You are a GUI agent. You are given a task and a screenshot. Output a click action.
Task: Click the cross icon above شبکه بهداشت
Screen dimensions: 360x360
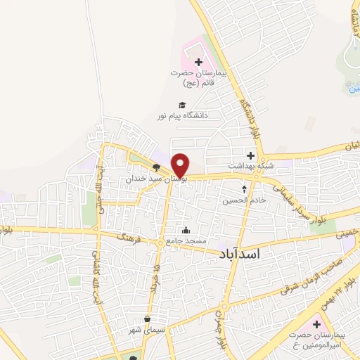tap(250, 155)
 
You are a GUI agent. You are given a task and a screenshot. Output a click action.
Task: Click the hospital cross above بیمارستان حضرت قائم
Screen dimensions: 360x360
tap(199, 63)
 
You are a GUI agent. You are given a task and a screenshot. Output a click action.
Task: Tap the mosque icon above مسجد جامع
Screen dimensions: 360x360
tap(186, 231)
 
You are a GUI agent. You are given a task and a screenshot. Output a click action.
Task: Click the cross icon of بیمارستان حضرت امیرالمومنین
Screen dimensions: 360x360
tap(316, 325)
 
